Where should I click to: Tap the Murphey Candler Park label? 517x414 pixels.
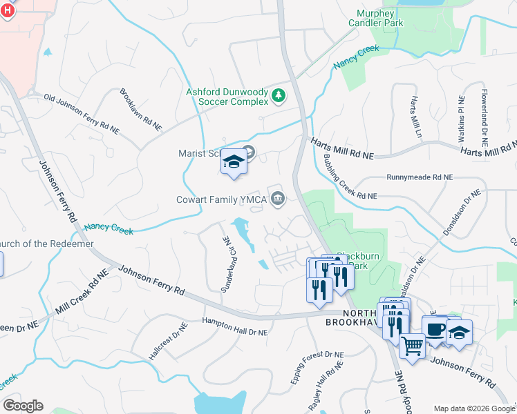pos(388,18)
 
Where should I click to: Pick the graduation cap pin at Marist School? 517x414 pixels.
pos(234,162)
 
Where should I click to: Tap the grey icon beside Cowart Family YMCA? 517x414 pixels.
pos(278,199)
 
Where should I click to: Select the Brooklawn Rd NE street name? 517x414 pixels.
pos(141,110)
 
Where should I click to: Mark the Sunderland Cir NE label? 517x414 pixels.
pos(225,264)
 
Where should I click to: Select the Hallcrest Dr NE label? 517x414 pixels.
pos(159,345)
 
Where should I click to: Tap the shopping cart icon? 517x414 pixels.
pos(412,345)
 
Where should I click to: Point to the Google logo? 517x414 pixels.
pos(23,406)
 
